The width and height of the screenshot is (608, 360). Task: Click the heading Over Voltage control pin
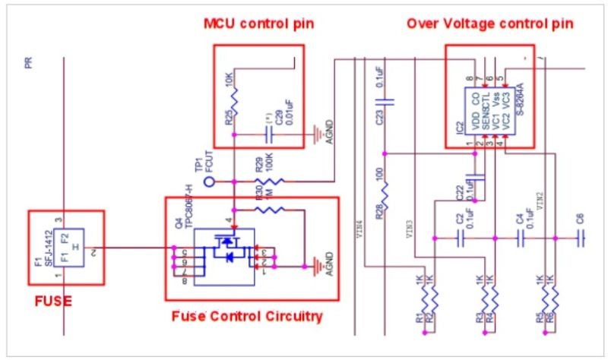tap(489, 24)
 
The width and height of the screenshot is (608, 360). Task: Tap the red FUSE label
tap(53, 302)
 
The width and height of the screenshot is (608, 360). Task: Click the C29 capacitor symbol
tap(268, 134)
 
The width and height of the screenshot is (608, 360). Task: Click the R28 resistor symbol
tap(385, 195)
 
